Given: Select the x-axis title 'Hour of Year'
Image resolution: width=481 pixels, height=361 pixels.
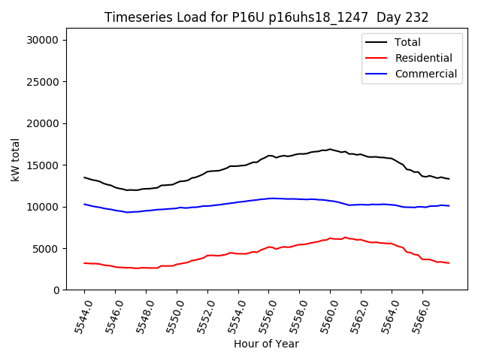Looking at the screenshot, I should [266, 344].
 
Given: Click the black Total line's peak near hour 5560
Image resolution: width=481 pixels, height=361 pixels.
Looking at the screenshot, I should [330, 149].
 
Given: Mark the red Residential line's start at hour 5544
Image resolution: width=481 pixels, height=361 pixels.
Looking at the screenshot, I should [84, 263].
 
